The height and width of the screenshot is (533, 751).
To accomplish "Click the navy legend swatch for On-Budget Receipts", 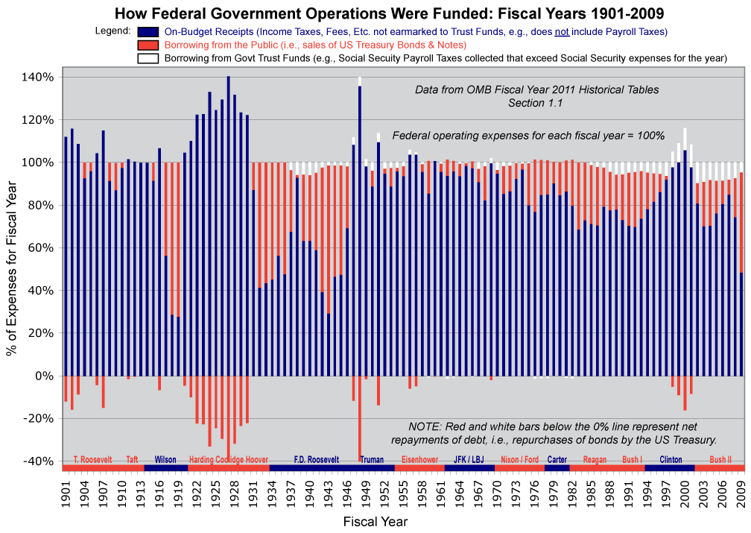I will point(148,31).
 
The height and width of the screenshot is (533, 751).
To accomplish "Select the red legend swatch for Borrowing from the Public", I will point(148,45).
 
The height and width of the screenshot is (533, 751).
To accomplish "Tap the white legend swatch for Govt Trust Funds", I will point(148,57).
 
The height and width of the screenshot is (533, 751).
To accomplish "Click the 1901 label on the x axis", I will point(66,493).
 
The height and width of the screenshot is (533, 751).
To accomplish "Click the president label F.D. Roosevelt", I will point(316,460).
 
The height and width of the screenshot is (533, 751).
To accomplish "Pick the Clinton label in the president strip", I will point(671,460).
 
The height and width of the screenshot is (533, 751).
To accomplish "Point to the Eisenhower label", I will point(419,460).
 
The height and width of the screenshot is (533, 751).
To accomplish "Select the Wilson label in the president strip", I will point(165,460).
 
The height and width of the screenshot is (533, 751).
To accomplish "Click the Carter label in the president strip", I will point(557,460).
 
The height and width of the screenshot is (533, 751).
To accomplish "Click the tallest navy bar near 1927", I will point(228,224).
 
